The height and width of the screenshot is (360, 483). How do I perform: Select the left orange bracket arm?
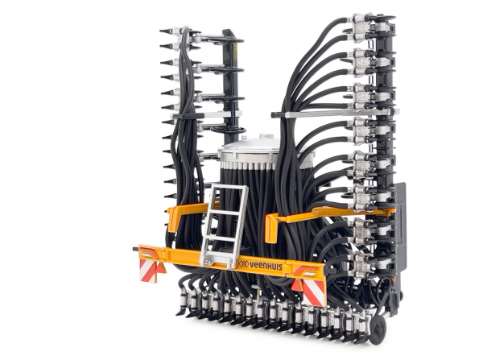(x=186, y=213)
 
